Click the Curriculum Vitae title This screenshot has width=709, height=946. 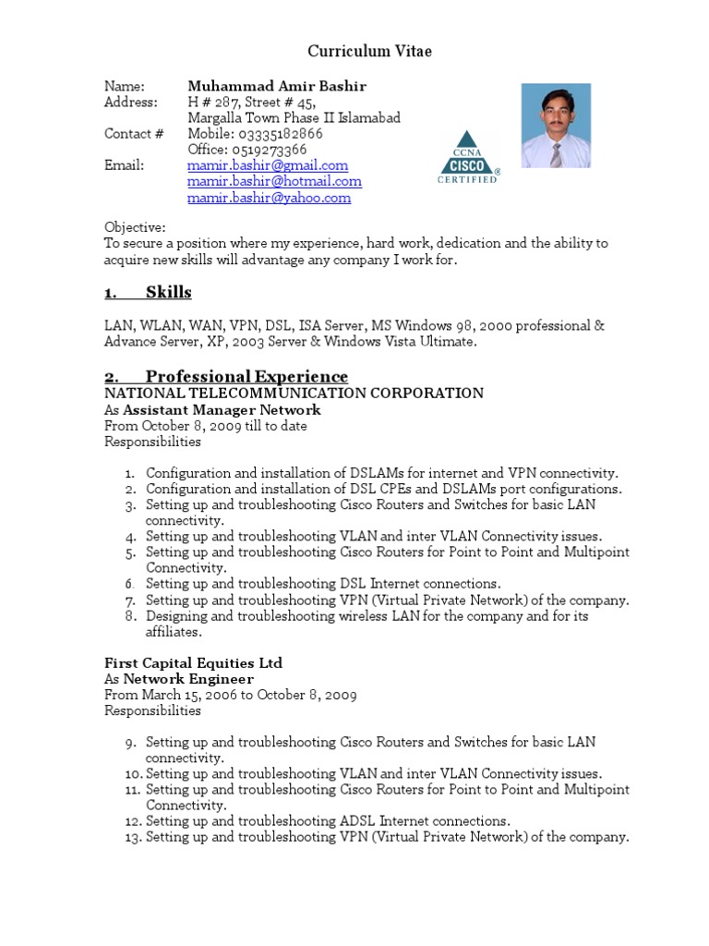(x=369, y=52)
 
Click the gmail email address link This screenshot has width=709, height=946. (x=268, y=165)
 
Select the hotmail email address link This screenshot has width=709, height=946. (x=274, y=182)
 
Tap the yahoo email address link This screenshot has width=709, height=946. (x=269, y=198)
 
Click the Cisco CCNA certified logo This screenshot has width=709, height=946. (x=468, y=158)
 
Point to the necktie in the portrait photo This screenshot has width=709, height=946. (x=556, y=153)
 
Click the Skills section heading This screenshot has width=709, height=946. (x=168, y=293)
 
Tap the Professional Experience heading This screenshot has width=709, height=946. (x=246, y=376)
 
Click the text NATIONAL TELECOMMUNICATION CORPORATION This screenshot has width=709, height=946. (x=294, y=394)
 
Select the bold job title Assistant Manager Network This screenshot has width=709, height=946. (x=222, y=410)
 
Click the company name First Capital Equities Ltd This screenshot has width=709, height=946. (x=193, y=663)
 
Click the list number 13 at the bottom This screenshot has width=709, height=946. (x=129, y=837)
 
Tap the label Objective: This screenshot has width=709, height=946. (x=135, y=227)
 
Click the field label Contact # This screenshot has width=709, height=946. (x=134, y=134)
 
